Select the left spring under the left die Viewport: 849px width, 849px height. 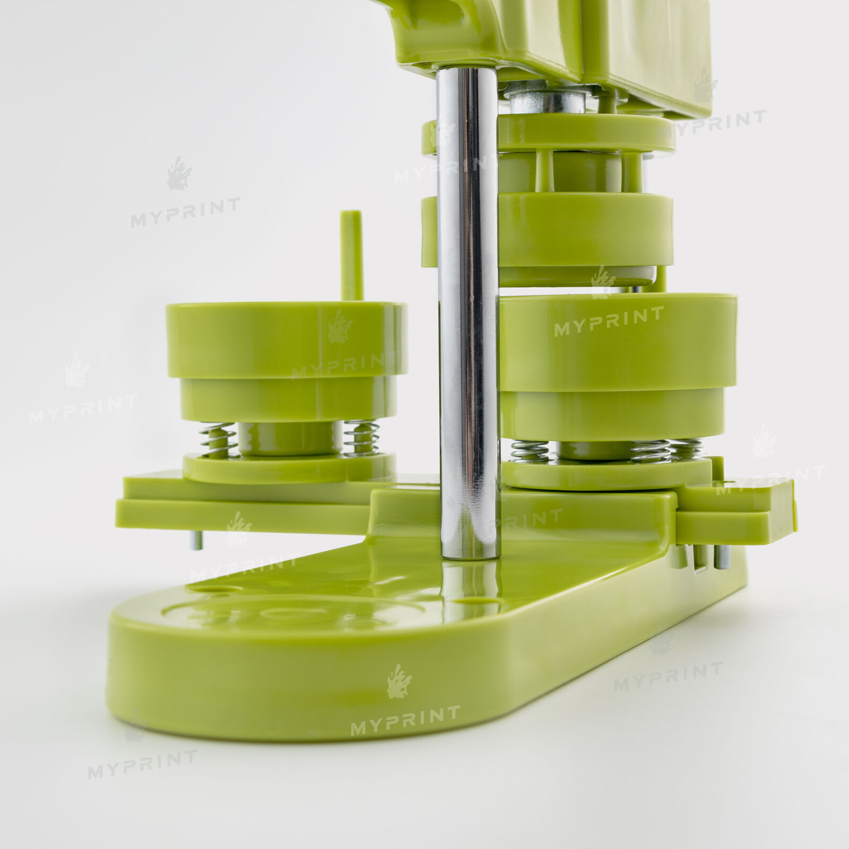[218, 439]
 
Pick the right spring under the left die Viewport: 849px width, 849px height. [361, 438]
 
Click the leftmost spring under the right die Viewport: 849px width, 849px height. [530, 451]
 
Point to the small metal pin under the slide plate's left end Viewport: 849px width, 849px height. [196, 540]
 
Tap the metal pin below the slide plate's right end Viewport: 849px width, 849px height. [722, 557]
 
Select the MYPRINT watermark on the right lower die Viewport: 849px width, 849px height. [609, 322]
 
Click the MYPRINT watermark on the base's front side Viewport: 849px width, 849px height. [405, 720]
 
